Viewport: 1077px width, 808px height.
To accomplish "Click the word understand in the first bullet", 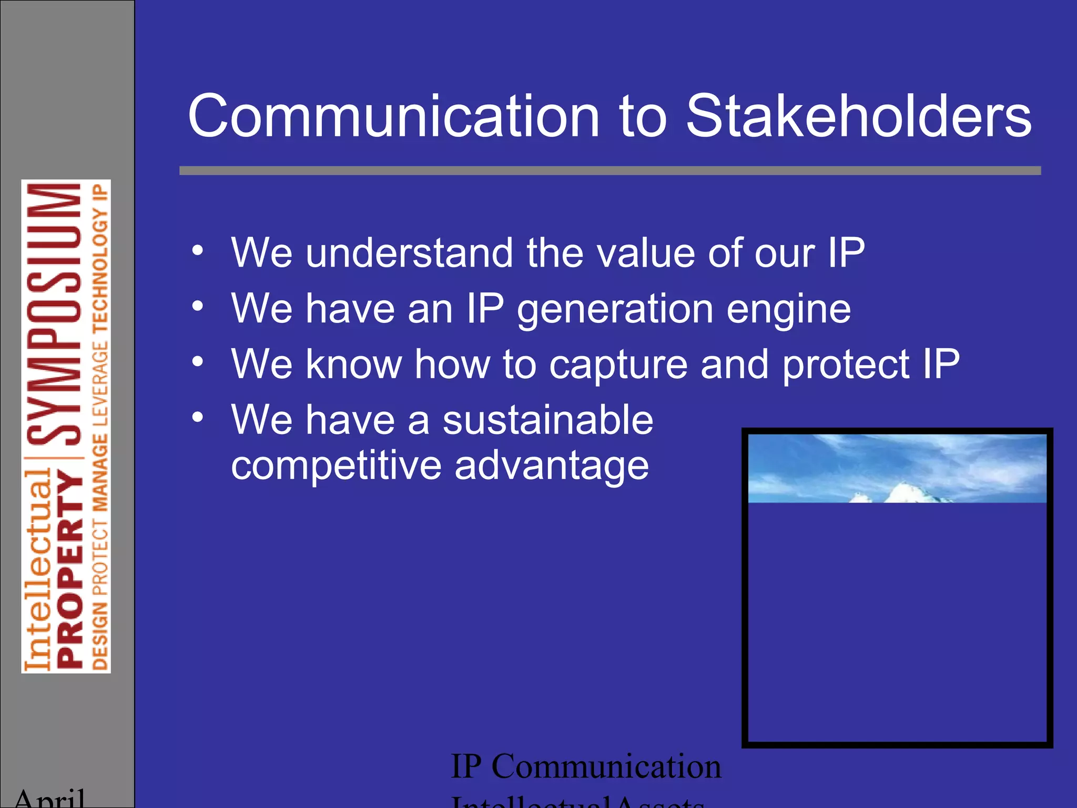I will point(410,253).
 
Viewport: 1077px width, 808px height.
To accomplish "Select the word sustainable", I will point(547,420).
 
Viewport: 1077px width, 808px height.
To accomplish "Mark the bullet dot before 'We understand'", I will point(197,250).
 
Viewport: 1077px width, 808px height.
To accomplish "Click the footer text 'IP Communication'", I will point(586,766).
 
